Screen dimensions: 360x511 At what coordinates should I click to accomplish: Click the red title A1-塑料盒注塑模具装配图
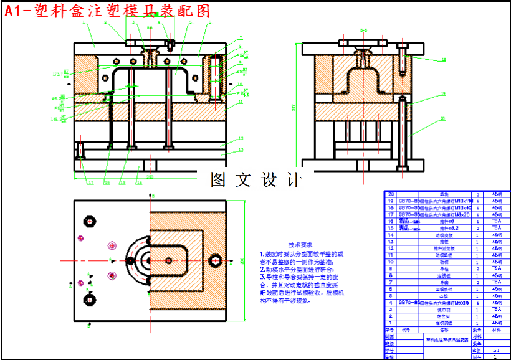click(107, 11)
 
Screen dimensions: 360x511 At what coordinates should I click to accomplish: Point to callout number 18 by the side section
click(444, 60)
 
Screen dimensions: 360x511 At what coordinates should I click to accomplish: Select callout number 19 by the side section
click(444, 94)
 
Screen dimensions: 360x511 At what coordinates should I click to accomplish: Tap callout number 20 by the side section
click(444, 118)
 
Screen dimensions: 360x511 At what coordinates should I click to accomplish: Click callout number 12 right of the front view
click(241, 138)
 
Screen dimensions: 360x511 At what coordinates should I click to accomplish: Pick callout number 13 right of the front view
click(241, 150)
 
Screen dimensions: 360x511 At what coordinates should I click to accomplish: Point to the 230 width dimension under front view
click(150, 178)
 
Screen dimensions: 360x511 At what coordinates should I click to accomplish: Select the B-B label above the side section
click(364, 29)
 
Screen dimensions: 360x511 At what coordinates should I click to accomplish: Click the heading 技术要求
click(300, 245)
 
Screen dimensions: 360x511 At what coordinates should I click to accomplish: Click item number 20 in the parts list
click(391, 194)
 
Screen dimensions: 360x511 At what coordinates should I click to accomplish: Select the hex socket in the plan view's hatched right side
click(216, 260)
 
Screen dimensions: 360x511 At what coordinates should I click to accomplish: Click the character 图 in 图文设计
click(218, 180)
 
